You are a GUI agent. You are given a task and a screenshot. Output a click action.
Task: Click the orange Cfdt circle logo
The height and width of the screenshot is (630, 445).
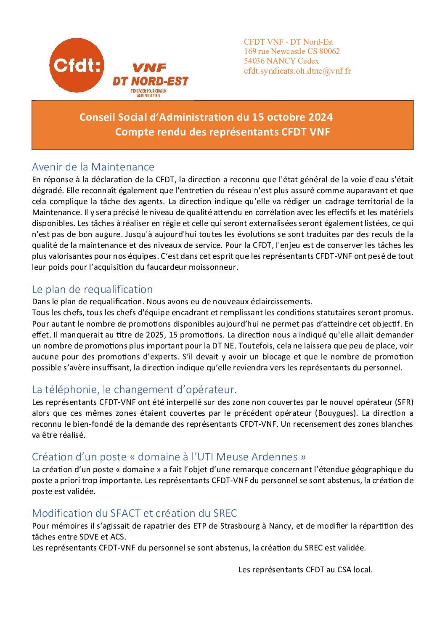[x=77, y=65]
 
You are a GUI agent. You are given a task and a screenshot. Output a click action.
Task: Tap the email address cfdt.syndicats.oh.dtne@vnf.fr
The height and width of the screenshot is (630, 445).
[x=297, y=71]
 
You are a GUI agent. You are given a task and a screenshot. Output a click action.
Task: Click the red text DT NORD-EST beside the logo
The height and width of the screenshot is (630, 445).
[x=150, y=81]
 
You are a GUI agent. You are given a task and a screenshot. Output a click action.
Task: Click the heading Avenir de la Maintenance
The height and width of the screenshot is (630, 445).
[x=93, y=167]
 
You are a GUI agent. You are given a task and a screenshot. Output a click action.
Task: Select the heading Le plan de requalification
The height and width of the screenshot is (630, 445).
[x=92, y=289]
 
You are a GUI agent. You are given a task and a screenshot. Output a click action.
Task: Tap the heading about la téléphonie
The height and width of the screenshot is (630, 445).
[x=134, y=389]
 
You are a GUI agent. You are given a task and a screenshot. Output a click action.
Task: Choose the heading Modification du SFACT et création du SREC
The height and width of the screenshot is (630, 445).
[x=135, y=513]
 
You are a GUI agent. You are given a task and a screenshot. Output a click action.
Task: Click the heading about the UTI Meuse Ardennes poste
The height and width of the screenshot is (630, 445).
[x=169, y=457]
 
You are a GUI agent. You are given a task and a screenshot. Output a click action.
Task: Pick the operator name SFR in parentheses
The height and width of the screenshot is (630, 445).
[x=404, y=402]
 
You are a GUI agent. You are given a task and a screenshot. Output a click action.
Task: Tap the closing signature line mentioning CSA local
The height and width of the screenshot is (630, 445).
[x=305, y=570]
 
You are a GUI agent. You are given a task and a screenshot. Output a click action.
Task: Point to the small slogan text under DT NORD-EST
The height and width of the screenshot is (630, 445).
[x=148, y=93]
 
